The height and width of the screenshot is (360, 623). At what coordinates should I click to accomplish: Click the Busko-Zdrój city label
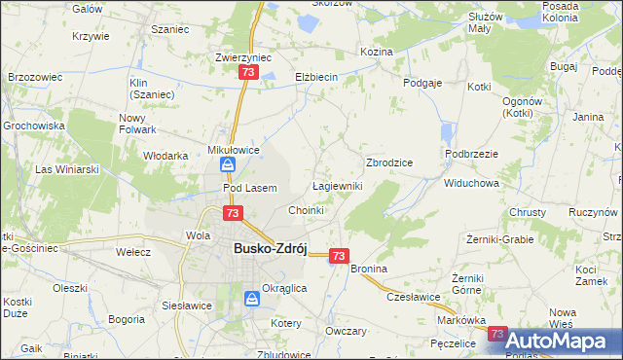tap(270, 248)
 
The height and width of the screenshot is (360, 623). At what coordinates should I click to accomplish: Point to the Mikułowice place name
tap(233, 150)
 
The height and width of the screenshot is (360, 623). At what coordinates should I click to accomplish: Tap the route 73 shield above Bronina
tap(338, 255)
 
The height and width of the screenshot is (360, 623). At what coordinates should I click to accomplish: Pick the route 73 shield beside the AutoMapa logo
tap(497, 335)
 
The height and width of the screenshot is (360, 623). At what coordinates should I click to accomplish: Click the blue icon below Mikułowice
tap(227, 167)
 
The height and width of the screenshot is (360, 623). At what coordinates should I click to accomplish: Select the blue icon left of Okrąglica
tap(251, 299)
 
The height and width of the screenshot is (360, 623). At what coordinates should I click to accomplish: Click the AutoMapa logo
tap(562, 341)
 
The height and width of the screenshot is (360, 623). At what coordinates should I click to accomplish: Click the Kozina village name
tap(376, 51)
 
